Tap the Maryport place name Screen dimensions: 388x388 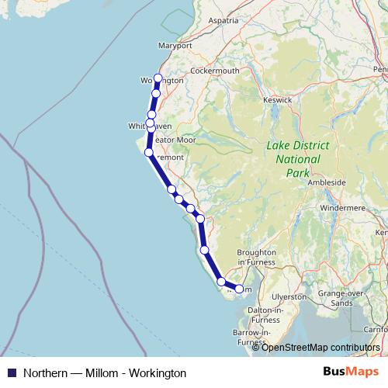(174, 46)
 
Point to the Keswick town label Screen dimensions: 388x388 (276, 99)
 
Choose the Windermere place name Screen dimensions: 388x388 (340, 209)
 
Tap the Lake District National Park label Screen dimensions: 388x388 (297, 158)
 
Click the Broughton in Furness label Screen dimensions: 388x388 (256, 257)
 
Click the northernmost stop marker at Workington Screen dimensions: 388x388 (158, 78)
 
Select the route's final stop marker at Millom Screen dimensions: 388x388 (239, 289)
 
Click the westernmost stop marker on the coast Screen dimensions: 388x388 (148, 151)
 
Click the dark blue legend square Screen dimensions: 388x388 (12, 372)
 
